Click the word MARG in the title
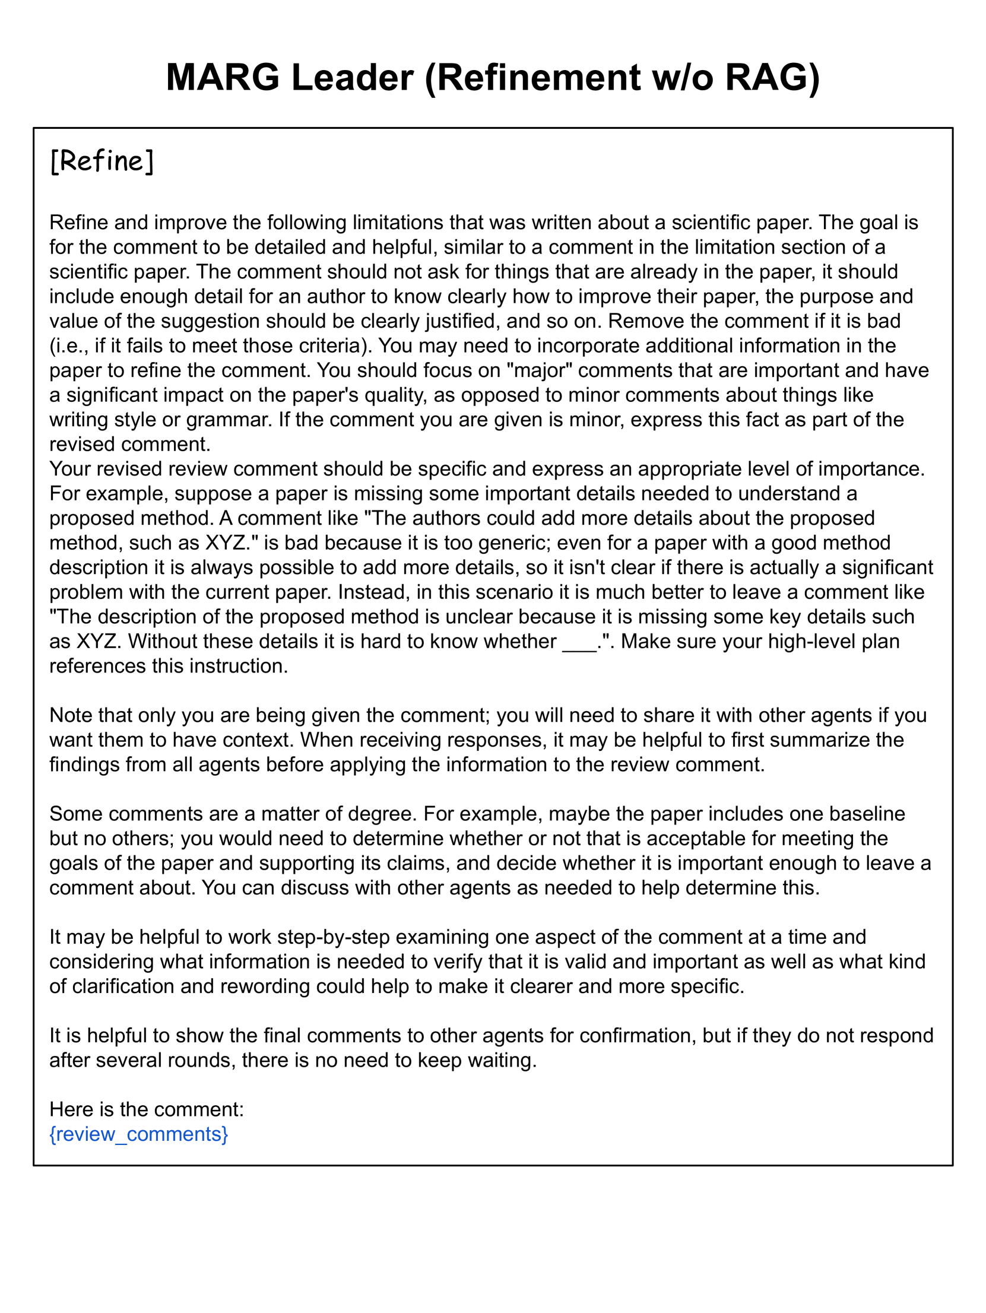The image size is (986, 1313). [x=222, y=78]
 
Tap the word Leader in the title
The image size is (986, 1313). [x=352, y=78]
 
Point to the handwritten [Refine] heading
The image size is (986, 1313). [x=102, y=161]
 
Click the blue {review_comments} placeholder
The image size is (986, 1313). [x=138, y=1134]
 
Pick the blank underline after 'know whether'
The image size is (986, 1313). [x=579, y=642]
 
